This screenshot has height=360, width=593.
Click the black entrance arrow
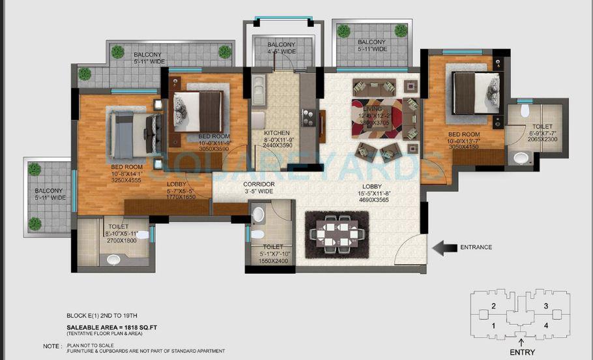coord(445,247)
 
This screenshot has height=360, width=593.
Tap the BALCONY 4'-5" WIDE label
coord(282,48)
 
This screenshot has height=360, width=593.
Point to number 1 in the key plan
coord(493,325)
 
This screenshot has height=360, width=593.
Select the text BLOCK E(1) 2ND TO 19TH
coord(103,314)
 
